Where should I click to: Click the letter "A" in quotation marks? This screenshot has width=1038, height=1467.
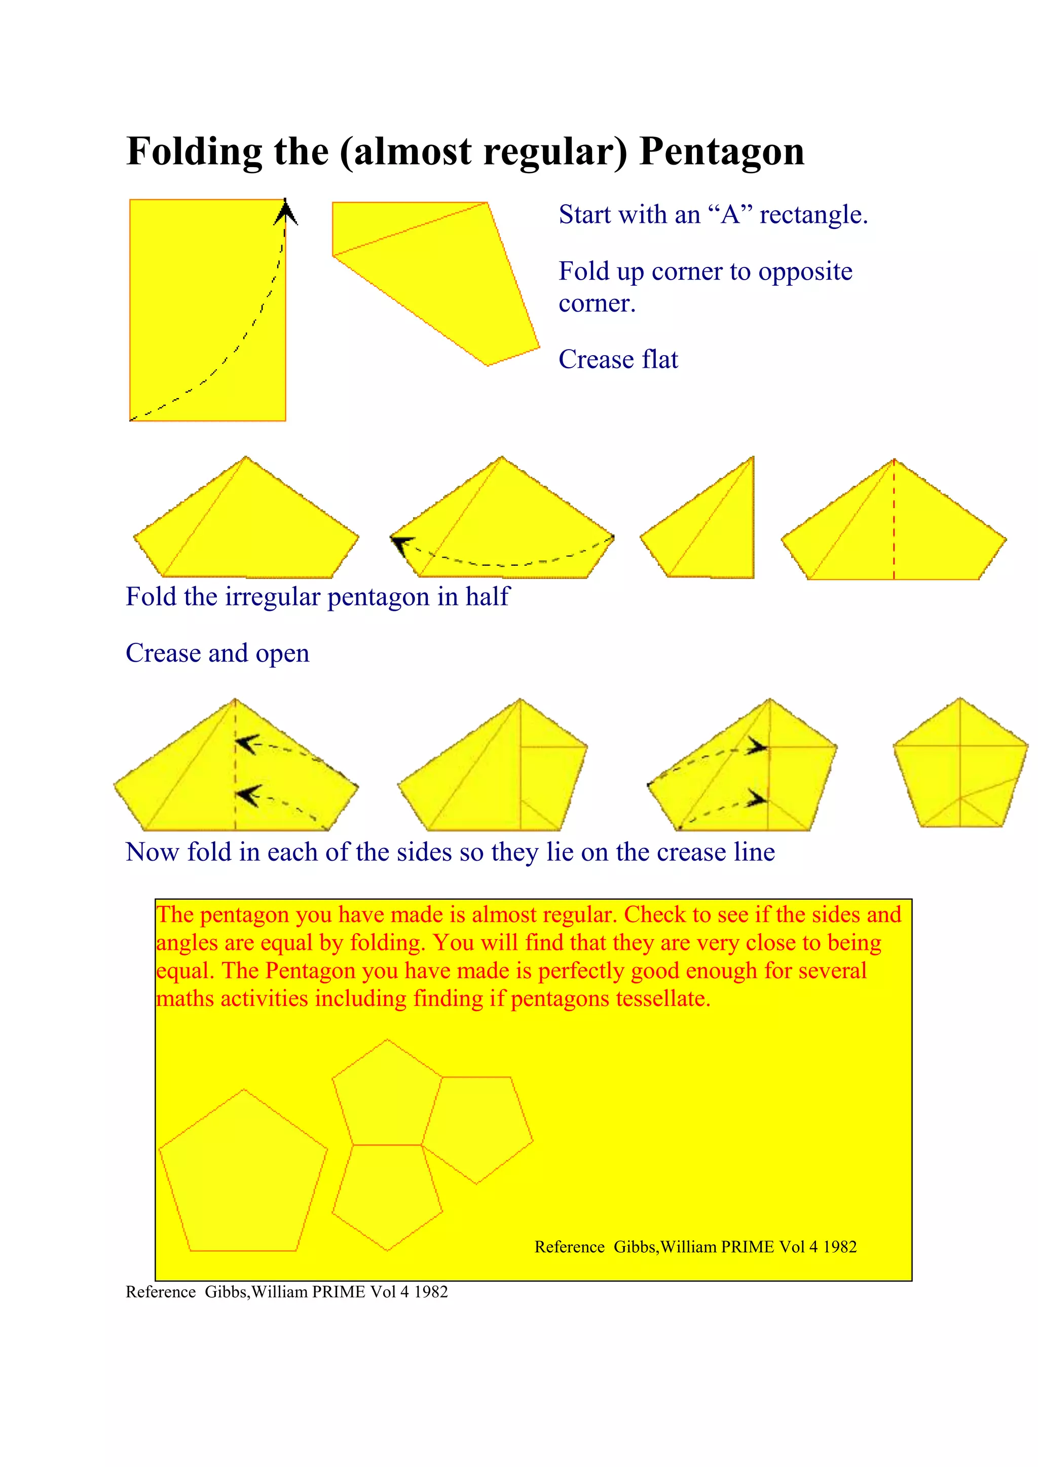coord(730,215)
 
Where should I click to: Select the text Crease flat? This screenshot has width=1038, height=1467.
coord(617,360)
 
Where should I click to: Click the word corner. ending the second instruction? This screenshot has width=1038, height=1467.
coord(597,303)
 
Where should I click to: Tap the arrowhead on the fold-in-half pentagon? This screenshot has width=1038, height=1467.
coord(400,544)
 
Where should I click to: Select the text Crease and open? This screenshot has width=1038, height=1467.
coord(217,653)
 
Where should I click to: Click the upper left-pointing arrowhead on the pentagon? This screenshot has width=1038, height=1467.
coord(246,744)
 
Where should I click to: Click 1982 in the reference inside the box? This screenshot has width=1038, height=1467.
coord(839,1247)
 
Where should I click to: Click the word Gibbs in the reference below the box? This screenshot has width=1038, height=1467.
coord(226,1291)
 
